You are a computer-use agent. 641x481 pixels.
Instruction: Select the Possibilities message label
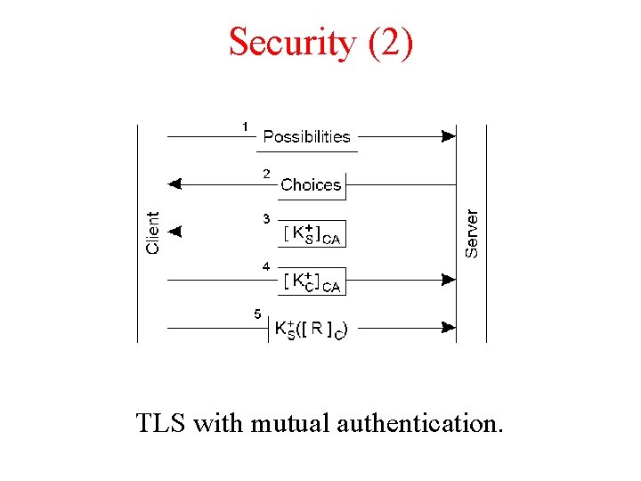(306, 136)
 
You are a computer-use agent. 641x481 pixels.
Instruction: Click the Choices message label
(311, 184)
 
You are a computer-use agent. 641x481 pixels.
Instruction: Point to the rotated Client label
(153, 232)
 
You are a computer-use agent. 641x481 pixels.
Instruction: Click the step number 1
(246, 126)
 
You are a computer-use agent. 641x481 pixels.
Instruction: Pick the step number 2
(266, 175)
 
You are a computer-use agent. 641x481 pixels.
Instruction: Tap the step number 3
(266, 218)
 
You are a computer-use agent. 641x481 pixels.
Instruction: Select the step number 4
(266, 266)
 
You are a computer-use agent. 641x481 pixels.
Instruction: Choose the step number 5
(257, 314)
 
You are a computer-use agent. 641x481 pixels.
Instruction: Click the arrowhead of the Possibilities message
(449, 136)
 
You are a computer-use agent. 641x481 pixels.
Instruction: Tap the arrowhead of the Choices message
(174, 184)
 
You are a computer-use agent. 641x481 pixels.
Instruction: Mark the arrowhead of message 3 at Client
(174, 232)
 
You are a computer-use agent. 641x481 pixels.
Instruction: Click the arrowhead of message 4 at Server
(449, 280)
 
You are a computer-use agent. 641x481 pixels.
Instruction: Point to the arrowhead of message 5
(449, 328)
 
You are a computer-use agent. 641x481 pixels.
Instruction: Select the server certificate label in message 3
(312, 232)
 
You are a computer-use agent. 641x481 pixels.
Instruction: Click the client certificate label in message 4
(312, 281)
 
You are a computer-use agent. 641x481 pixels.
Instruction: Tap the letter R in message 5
(317, 328)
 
